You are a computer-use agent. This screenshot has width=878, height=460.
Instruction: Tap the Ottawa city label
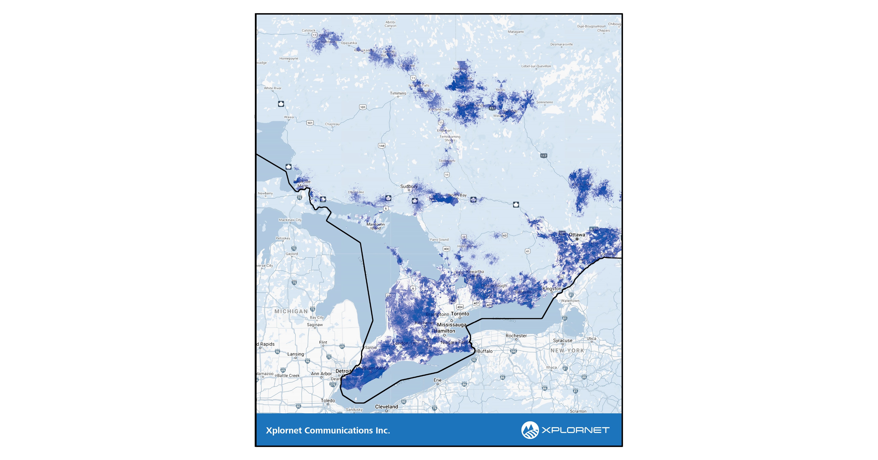[577, 235]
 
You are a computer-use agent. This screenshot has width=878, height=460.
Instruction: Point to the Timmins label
[398, 93]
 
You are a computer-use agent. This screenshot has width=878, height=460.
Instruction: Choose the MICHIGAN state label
[291, 311]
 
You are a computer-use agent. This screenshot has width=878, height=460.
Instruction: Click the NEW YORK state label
[567, 350]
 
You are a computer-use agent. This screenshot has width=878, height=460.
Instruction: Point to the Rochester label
[516, 336]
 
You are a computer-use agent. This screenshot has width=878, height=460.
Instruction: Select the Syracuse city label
[562, 341]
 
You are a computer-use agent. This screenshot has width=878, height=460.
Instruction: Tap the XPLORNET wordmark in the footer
[575, 430]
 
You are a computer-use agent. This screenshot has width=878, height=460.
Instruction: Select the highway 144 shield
[381, 146]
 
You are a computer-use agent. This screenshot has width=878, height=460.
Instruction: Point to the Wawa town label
[289, 117]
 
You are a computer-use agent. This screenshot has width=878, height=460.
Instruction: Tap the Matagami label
[515, 32]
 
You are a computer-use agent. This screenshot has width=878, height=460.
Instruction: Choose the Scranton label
[578, 411]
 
